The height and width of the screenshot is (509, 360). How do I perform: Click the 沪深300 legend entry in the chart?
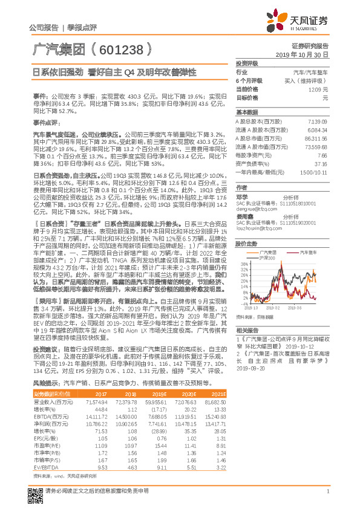pos(250,258)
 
